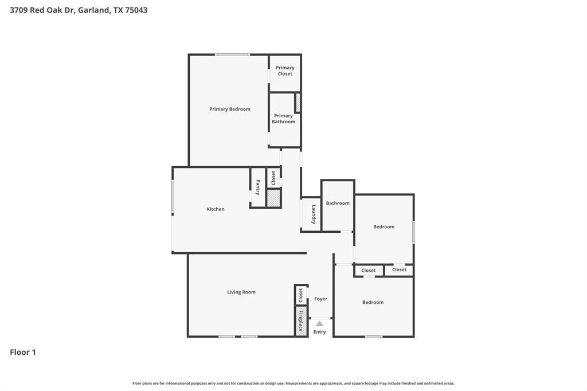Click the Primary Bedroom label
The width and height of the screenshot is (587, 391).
pos(229,109)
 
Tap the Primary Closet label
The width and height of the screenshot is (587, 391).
pos(285,71)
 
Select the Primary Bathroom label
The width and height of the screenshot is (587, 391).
pos(283,119)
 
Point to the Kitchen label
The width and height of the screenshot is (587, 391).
pos(216,209)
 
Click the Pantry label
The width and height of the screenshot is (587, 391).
pos(258,187)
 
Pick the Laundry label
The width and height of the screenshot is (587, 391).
pos(314,214)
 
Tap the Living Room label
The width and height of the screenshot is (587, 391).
pos(241,292)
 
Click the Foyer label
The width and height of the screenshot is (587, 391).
pos(320,299)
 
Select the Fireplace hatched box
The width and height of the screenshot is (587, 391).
pos(301,321)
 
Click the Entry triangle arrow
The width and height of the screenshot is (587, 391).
pos(319,323)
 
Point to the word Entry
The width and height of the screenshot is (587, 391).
pos(319,332)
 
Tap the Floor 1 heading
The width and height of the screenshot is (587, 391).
pos(23,352)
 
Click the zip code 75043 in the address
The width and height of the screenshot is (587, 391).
pos(136,10)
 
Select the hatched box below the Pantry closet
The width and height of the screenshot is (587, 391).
pos(273,198)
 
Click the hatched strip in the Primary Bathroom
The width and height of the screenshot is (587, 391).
pos(298,102)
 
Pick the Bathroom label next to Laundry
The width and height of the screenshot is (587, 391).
pos(338,203)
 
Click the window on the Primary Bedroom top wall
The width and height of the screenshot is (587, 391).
pos(232,54)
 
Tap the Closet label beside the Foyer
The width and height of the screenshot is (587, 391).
pos(300,295)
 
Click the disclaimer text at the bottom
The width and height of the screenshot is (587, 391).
pos(293,383)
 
